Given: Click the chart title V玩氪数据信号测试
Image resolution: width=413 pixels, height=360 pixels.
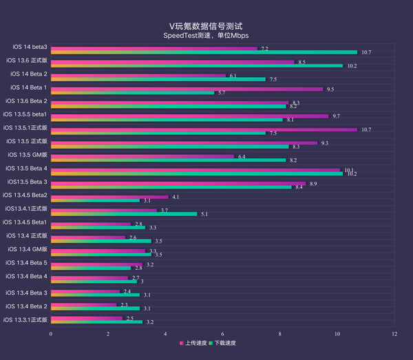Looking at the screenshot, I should (206, 25).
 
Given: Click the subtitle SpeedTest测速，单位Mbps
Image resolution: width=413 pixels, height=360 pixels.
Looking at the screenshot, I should (206, 35).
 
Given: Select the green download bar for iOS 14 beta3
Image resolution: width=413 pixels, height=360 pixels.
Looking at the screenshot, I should (204, 52).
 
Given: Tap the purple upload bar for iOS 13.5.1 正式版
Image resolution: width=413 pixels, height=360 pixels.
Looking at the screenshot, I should (204, 129).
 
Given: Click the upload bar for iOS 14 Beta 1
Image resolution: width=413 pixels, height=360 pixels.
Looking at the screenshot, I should (187, 89).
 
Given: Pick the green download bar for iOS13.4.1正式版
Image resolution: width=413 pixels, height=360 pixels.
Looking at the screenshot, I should (124, 214).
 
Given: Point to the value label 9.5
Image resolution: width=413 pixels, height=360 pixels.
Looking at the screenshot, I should (330, 89).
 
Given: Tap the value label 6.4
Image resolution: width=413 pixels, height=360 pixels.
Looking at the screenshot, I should (242, 156).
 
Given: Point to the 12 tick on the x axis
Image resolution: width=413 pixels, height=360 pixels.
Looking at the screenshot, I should (394, 333).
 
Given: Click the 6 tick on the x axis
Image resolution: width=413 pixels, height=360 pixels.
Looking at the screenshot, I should (222, 333).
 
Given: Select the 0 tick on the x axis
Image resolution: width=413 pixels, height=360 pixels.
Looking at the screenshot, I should (51, 333).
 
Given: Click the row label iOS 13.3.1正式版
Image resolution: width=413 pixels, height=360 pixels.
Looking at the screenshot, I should (25, 319).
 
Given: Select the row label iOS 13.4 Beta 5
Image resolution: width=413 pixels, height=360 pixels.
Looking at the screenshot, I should (27, 262).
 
